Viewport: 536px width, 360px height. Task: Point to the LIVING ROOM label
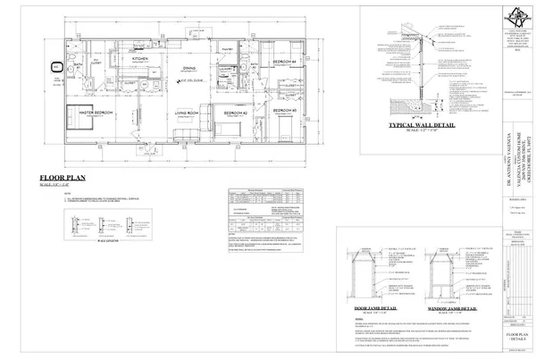186,113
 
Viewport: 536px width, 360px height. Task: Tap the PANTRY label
228,49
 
